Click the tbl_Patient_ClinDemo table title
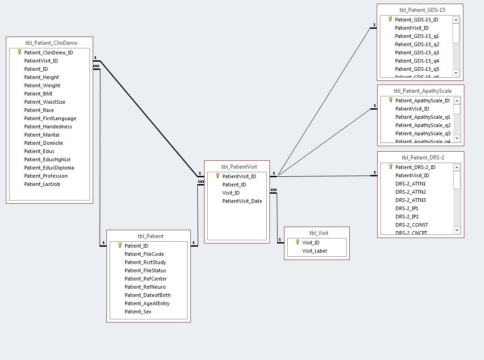pyautogui.click(x=52, y=43)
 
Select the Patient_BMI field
pyautogui.click(x=38, y=94)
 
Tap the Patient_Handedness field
pyautogui.click(x=48, y=127)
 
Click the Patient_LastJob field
pyautogui.click(x=42, y=184)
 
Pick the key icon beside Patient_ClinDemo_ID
pyautogui.click(x=19, y=52)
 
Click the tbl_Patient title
pyautogui.click(x=150, y=236)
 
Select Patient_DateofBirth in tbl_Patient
pyautogui.click(x=147, y=295)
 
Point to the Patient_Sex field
pyautogui.click(x=138, y=312)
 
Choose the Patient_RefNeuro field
pyautogui.click(x=145, y=287)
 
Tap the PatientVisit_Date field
pyautogui.click(x=242, y=201)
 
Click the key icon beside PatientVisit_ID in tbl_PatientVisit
pyautogui.click(x=217, y=176)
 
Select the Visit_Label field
pyautogui.click(x=315, y=251)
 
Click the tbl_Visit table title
pyautogui.click(x=319, y=233)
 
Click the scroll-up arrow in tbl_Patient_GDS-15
pyautogui.click(x=456, y=20)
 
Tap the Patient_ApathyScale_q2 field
pyautogui.click(x=423, y=125)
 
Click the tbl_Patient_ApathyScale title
pyautogui.click(x=422, y=91)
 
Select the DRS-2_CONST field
pyautogui.click(x=411, y=225)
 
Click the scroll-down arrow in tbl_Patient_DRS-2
pyautogui.click(x=457, y=230)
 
